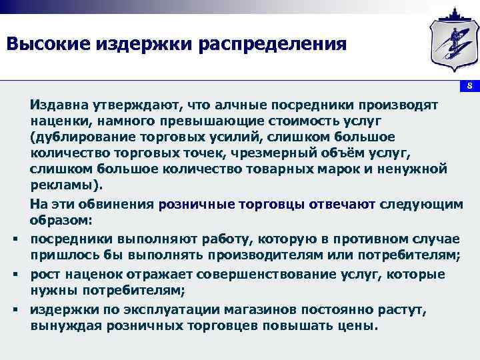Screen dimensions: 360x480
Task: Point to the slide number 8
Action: [x=469, y=87]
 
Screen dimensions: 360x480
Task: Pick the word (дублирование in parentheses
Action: [x=79, y=137]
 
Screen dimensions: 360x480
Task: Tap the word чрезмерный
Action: [x=262, y=153]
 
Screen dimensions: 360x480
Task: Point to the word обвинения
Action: [x=117, y=205]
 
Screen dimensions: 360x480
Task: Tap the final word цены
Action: [x=361, y=327]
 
